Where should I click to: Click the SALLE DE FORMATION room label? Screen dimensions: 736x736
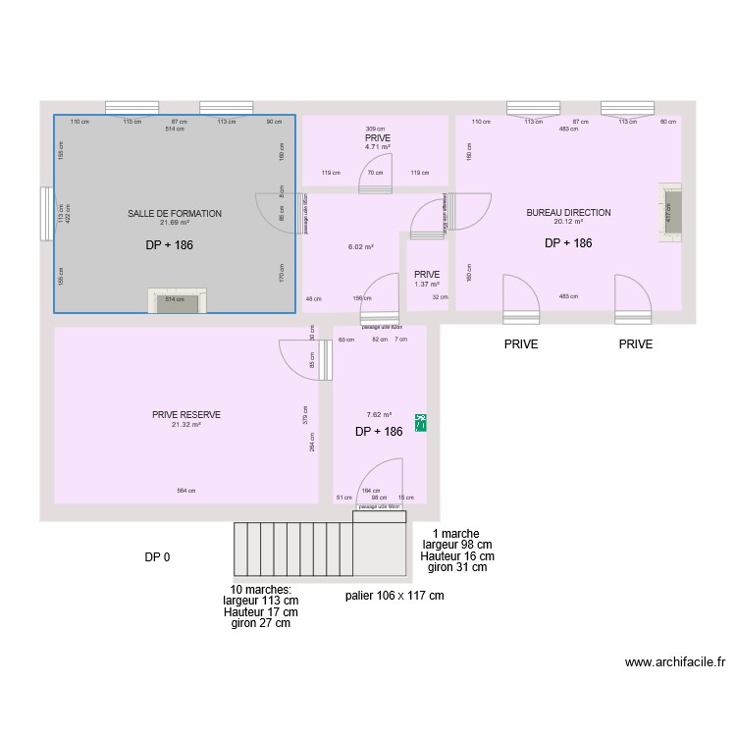[175, 213]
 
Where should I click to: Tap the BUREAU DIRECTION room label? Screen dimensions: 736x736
[568, 212]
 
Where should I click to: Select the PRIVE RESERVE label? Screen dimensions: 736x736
[186, 415]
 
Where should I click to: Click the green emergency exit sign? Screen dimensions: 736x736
[421, 423]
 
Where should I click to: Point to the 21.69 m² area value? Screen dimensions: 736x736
[175, 223]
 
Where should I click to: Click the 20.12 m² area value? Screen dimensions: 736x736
[568, 222]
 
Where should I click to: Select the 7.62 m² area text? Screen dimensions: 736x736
[379, 415]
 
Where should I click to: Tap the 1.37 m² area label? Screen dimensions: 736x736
[427, 285]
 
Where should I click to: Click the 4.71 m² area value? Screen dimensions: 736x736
[378, 147]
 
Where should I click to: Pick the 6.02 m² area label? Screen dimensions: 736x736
[361, 247]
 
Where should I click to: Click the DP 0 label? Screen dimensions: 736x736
[157, 557]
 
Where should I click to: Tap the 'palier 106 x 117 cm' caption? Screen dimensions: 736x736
[394, 596]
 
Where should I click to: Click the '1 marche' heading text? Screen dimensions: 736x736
[455, 533]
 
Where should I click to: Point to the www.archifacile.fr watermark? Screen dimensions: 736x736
[674, 662]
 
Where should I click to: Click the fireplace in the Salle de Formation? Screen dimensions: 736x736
[176, 300]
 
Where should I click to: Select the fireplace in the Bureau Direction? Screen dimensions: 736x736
[670, 212]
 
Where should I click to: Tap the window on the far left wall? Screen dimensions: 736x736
[45, 214]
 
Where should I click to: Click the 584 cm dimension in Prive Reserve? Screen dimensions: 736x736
[185, 491]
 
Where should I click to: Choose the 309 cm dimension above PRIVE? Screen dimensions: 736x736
[375, 130]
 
